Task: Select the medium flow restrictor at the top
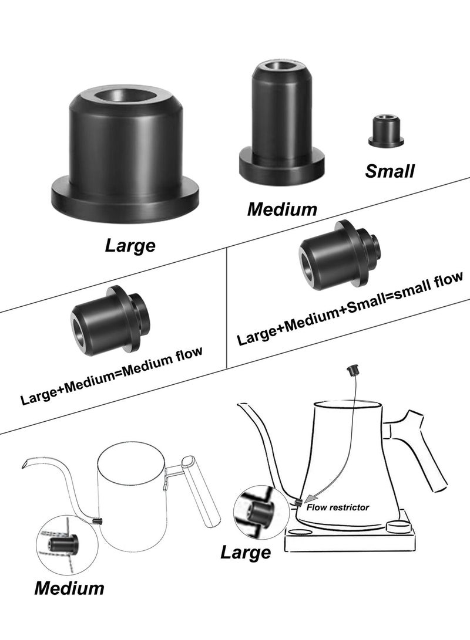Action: pos(281,123)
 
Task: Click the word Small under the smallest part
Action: pos(390,171)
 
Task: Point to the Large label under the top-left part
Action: pos(130,246)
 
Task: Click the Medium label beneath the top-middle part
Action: pos(282,209)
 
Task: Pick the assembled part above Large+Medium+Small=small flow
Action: pos(340,255)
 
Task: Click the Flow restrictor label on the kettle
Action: pos(338,507)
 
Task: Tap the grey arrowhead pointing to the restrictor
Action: pos(312,499)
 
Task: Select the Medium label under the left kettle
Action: pos(69,588)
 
